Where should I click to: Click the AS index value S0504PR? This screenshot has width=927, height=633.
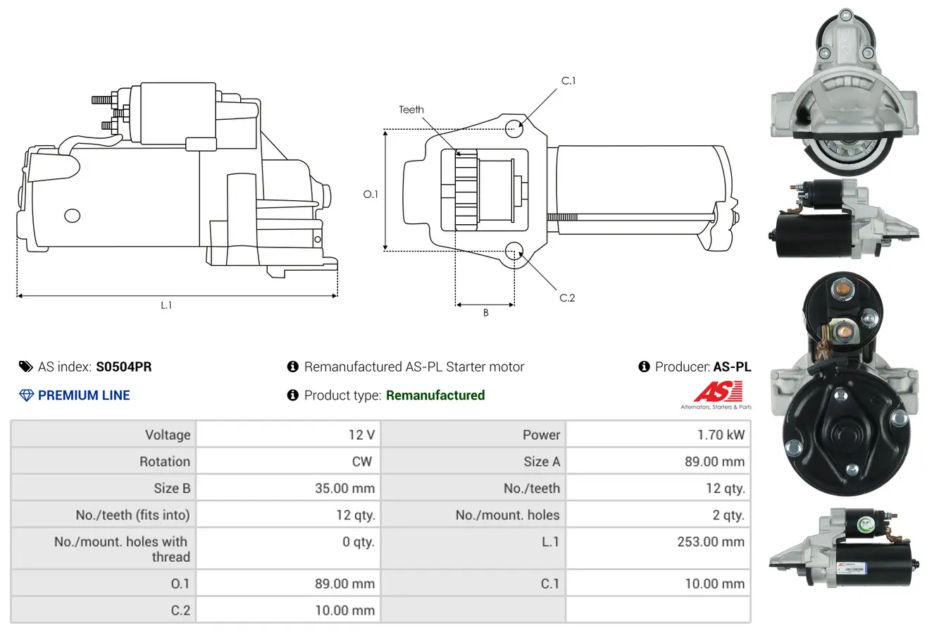pos(123,367)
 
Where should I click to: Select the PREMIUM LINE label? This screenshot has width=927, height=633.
pos(84,395)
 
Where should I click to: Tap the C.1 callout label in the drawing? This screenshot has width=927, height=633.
pos(568,81)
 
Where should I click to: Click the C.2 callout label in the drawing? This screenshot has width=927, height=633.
pos(567,298)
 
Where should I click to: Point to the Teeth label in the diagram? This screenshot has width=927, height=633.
pos(411,109)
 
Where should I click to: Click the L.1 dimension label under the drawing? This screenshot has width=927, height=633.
pos(166,305)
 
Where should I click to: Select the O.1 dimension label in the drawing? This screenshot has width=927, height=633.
pos(371,194)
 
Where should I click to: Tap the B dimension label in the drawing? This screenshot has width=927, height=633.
pos(485,313)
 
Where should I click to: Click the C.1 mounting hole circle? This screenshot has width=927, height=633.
pos(514,127)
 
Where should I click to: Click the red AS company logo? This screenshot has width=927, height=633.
pos(718,392)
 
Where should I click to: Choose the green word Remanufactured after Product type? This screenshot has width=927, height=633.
pos(435,395)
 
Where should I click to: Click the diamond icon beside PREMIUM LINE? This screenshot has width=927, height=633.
pos(26,395)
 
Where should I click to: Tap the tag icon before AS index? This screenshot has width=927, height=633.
pos(26,367)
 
